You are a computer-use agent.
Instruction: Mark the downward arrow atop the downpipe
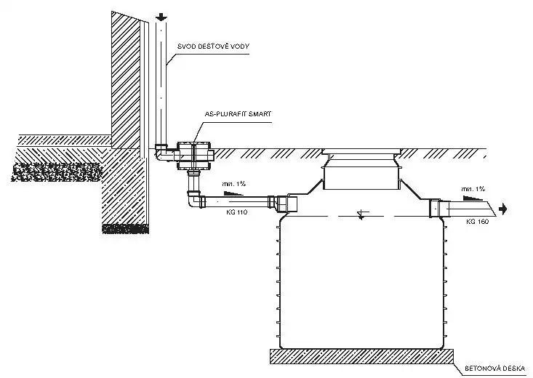[161, 15]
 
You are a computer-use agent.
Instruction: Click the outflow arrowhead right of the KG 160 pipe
[502, 210]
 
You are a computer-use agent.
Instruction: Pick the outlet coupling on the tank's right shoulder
[439, 209]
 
